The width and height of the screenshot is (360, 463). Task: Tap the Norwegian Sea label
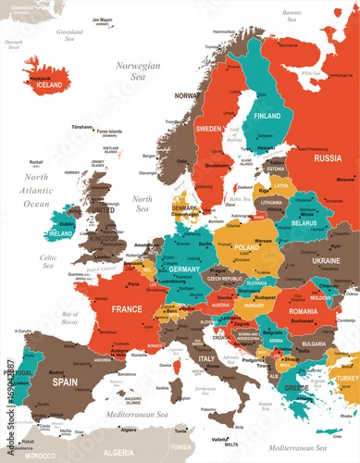(138, 72)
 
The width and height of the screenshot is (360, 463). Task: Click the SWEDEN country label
(209, 128)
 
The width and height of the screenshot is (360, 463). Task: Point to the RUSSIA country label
(327, 157)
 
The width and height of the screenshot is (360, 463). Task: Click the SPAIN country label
(64, 381)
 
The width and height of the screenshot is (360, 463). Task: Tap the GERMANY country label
(183, 268)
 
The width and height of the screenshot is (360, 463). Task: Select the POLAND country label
(247, 248)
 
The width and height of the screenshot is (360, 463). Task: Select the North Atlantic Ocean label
(37, 190)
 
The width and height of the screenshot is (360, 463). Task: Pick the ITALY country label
(207, 358)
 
